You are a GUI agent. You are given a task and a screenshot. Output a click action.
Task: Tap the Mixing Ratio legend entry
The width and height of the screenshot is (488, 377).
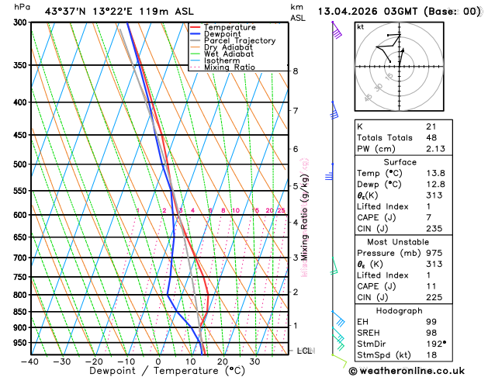click(229, 67)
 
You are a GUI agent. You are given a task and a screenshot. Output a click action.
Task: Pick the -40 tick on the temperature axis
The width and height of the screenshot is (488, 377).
click(29, 361)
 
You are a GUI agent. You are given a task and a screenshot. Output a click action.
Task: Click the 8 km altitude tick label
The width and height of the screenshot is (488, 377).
click(295, 71)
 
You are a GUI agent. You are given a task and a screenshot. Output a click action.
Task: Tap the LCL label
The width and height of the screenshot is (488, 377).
click(305, 351)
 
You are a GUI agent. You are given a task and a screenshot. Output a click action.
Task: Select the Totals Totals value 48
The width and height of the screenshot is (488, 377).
click(431, 137)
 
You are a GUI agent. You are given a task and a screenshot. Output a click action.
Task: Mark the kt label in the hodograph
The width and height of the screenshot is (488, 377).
click(360, 27)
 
